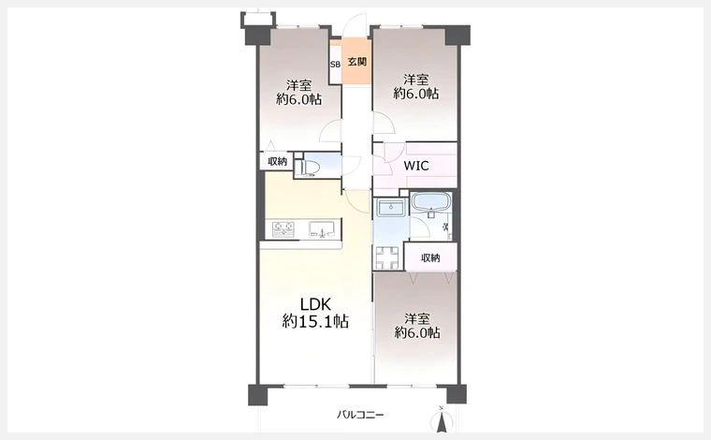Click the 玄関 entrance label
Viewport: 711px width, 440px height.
click(x=356, y=62)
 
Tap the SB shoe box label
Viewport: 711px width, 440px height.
click(x=335, y=65)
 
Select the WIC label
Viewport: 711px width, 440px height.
click(x=415, y=166)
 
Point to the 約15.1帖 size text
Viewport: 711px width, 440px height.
click(x=315, y=322)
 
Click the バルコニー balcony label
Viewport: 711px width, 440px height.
click(x=360, y=415)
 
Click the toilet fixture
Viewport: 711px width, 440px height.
click(x=310, y=168)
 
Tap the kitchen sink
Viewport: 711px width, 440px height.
click(x=322, y=228)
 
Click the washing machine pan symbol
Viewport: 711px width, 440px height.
click(x=387, y=257)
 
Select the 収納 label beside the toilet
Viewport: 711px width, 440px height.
click(x=278, y=161)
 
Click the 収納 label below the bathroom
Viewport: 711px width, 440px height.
click(x=430, y=258)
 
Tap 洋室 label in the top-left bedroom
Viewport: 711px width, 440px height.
click(x=298, y=85)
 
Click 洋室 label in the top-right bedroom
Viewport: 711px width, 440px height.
click(x=416, y=80)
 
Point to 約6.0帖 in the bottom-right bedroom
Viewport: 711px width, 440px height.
click(x=417, y=333)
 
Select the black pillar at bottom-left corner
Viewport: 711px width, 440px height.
click(x=257, y=395)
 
